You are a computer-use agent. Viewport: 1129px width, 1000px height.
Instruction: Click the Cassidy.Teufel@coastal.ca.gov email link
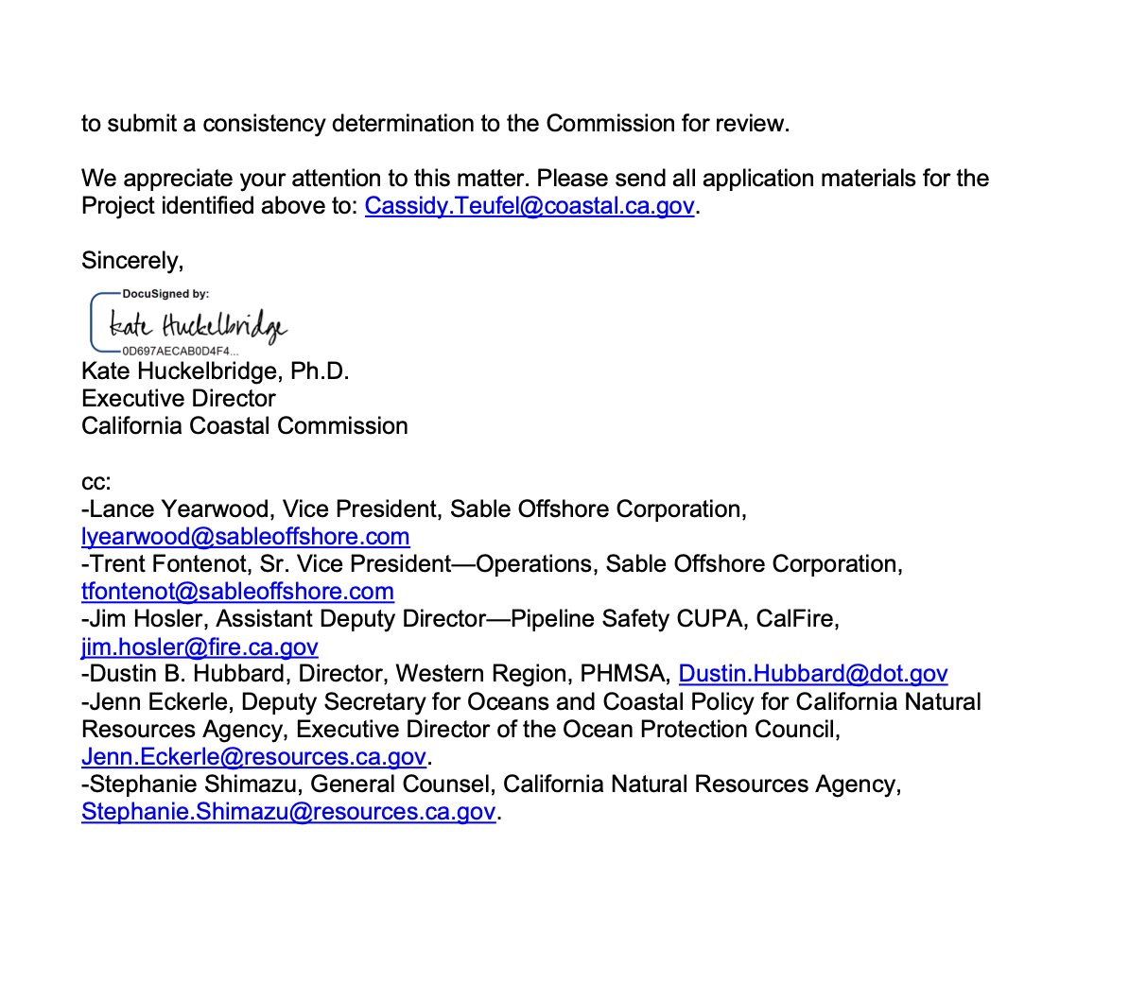530,206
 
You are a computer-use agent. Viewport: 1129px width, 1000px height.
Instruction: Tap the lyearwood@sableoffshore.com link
246,537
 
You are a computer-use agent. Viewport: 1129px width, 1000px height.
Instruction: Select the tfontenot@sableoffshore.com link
237,592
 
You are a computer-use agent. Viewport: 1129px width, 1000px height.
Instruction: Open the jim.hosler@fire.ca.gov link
200,647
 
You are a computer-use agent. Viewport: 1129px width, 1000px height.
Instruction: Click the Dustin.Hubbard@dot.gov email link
813,674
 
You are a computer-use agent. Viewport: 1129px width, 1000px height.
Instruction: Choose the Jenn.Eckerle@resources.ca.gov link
253,757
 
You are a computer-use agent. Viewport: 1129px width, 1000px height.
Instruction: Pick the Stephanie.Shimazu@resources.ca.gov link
288,812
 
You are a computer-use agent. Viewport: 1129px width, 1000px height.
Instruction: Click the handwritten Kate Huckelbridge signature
198,325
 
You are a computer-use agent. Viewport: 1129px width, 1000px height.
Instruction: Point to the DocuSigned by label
165,294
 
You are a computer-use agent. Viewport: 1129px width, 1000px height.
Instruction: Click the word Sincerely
132,261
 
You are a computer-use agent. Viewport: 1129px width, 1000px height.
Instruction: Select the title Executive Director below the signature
179,399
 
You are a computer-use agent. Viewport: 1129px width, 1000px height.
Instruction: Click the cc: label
96,482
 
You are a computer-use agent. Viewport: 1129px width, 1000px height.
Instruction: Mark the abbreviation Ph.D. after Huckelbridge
320,371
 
